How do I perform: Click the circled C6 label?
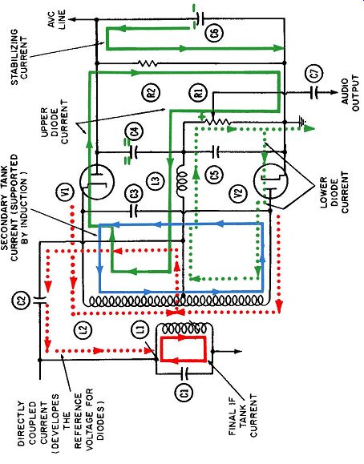(x=215, y=32)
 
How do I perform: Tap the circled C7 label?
(x=315, y=73)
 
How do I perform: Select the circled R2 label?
(x=151, y=92)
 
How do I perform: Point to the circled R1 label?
(x=199, y=92)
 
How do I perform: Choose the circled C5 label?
(x=216, y=173)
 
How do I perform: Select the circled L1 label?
(x=141, y=329)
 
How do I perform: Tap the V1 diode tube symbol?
(x=97, y=181)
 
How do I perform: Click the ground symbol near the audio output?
(x=302, y=122)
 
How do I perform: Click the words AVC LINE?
(x=57, y=19)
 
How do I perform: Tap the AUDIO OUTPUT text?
(x=350, y=93)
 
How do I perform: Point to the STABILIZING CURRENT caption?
(x=19, y=57)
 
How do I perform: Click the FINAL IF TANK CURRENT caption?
(x=243, y=415)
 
